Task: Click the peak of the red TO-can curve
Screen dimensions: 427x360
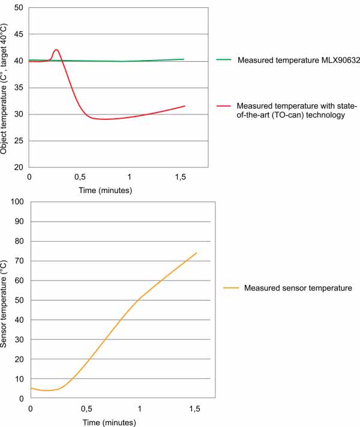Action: click(56, 50)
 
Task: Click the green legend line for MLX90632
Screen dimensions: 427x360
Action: click(223, 60)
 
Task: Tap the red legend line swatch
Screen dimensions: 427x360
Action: click(223, 106)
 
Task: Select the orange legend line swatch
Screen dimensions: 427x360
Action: click(230, 288)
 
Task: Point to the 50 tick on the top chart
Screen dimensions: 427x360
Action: click(18, 8)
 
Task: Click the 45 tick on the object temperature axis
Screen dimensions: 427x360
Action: click(18, 34)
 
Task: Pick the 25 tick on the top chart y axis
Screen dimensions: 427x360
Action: click(18, 141)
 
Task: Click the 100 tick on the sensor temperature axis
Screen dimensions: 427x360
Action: click(16, 202)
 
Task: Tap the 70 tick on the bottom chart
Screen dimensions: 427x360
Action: click(18, 261)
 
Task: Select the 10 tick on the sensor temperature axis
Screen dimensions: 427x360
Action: click(18, 379)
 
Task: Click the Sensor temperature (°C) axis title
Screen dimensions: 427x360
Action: click(5, 300)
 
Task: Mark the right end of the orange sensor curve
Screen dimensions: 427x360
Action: click(196, 253)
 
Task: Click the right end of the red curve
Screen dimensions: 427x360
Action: click(184, 106)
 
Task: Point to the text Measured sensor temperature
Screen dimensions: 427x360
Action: click(298, 288)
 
